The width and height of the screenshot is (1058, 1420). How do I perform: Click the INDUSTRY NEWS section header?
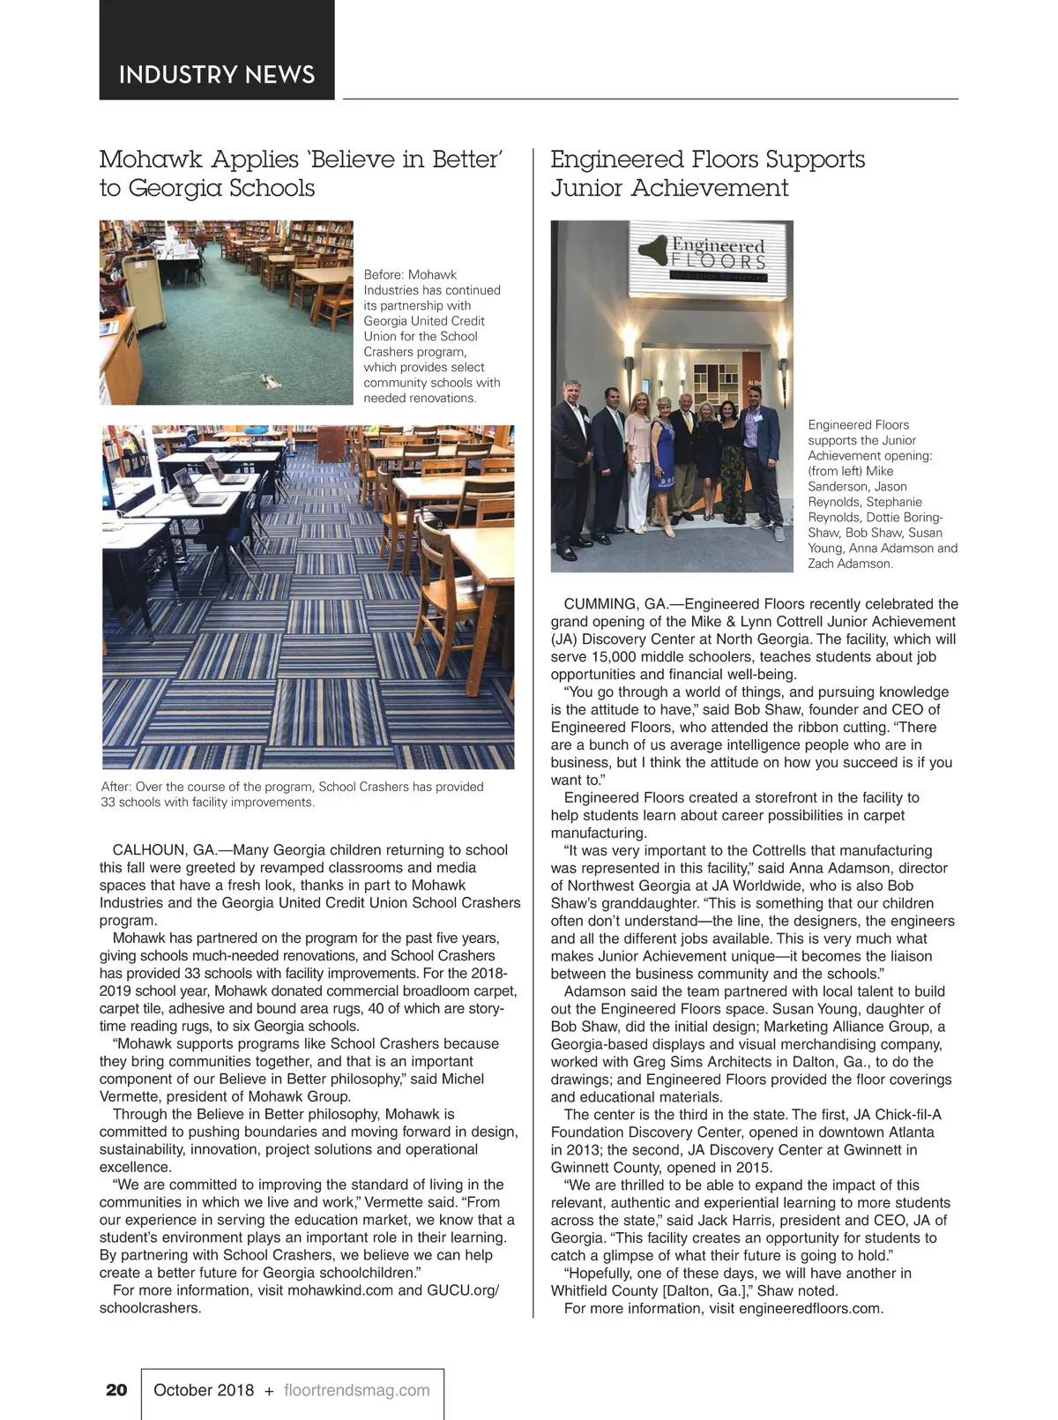click(216, 74)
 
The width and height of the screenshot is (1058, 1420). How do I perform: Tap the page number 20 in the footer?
click(116, 1390)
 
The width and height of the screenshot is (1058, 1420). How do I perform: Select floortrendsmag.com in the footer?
click(357, 1390)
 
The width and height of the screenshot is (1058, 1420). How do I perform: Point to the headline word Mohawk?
click(142, 160)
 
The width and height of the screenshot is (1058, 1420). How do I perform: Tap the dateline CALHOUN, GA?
click(164, 850)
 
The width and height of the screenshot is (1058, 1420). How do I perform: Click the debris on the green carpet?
click(268, 380)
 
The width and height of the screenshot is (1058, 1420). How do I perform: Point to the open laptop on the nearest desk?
click(196, 485)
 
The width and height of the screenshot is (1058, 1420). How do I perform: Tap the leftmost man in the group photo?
click(570, 467)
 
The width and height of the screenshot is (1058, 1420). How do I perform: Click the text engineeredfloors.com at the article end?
click(810, 1309)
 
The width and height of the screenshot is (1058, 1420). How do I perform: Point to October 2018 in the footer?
click(204, 1390)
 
